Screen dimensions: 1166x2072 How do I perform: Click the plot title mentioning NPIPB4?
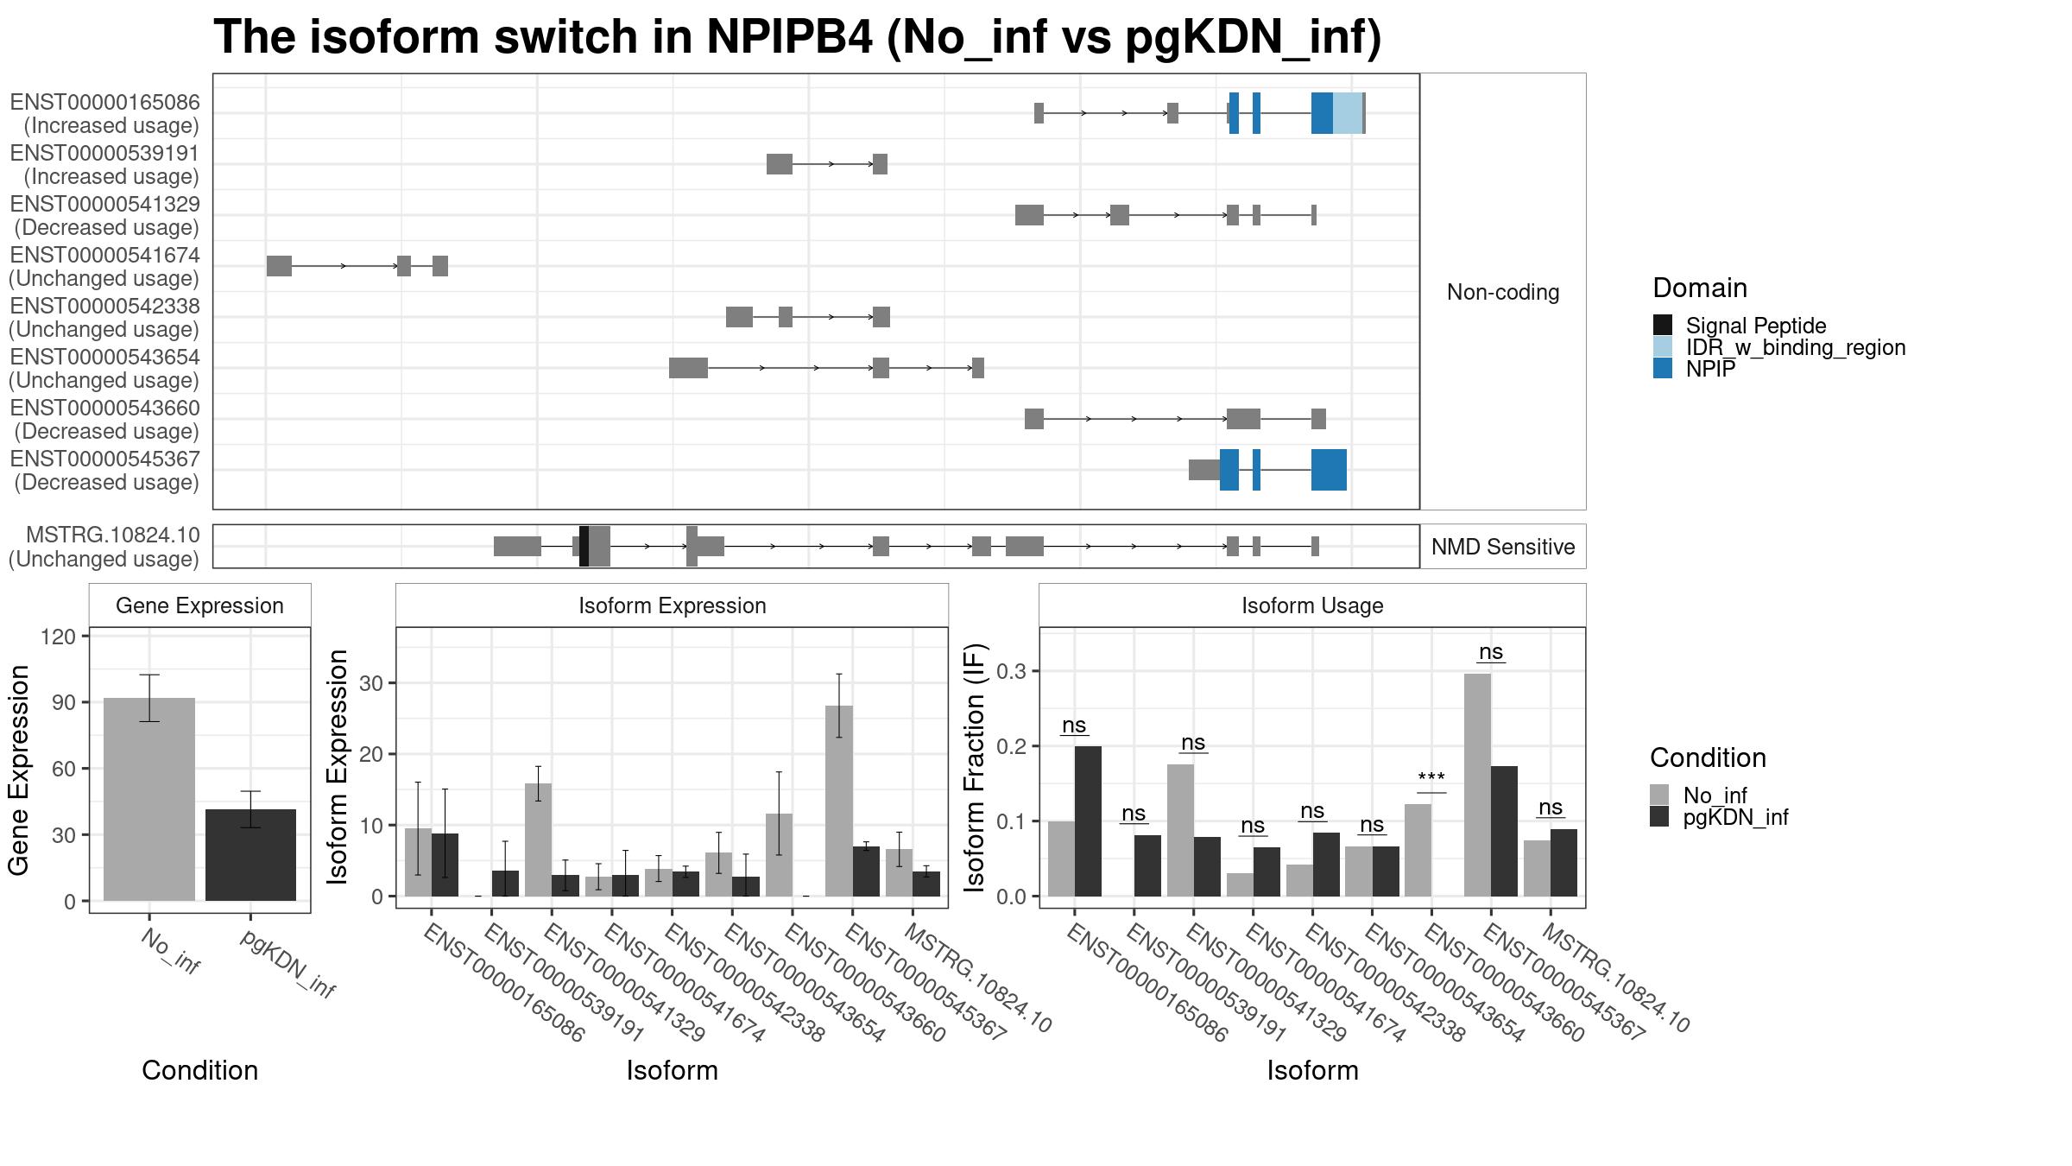click(x=797, y=38)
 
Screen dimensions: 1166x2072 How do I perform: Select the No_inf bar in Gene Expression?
click(x=149, y=799)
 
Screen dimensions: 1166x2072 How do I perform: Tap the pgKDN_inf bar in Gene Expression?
click(x=250, y=854)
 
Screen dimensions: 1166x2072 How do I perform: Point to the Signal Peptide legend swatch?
click(x=1662, y=326)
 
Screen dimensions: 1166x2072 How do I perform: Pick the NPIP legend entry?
click(x=1709, y=369)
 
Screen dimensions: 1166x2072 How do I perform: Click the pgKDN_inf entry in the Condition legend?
click(x=1734, y=817)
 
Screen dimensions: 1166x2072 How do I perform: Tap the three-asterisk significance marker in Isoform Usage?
click(x=1431, y=778)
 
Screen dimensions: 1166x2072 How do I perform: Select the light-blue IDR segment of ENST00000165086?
click(x=1347, y=113)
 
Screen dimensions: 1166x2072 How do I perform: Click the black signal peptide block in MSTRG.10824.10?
click(x=584, y=546)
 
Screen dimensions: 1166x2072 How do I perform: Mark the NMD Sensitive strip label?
click(x=1502, y=547)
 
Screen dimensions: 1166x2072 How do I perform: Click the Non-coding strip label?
click(x=1502, y=293)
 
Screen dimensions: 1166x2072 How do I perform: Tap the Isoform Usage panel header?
click(x=1311, y=605)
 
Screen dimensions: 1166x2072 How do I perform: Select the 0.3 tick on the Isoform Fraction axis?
click(x=1013, y=671)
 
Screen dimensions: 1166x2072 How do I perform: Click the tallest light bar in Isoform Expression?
click(x=838, y=801)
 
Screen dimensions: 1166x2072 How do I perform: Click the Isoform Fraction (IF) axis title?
click(x=975, y=767)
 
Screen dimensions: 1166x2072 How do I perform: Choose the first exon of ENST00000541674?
click(x=279, y=266)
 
